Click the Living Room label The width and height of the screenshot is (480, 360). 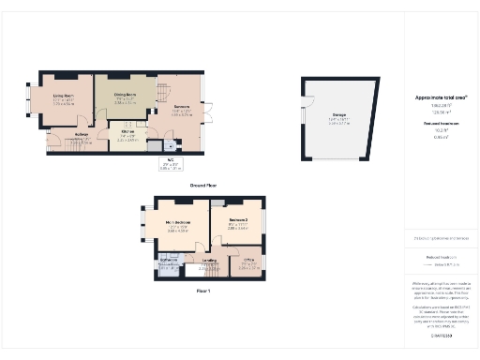click(64, 95)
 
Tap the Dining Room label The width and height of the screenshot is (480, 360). click(127, 95)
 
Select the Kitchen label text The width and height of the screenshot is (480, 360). click(127, 132)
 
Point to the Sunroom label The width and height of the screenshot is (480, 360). click(181, 107)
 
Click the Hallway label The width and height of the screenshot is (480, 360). click(82, 134)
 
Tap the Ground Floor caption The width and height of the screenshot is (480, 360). click(204, 185)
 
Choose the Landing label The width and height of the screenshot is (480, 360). click(210, 262)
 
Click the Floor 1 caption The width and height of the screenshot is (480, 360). click(204, 291)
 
